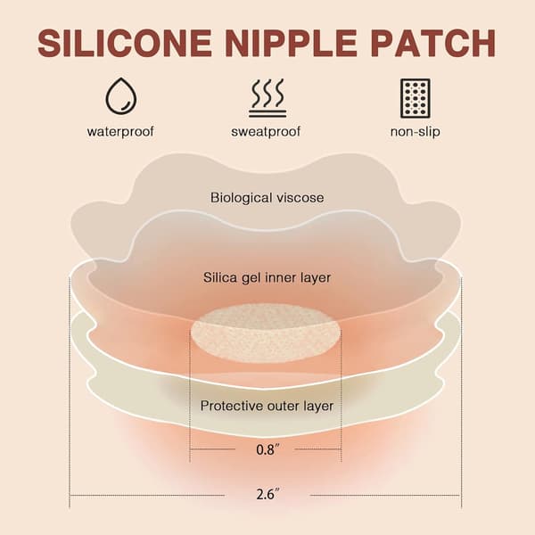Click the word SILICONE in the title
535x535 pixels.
point(125,44)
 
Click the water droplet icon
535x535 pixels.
point(121,96)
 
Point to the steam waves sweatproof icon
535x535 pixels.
point(267,98)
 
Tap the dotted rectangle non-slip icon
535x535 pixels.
point(416,98)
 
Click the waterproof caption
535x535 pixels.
point(120,131)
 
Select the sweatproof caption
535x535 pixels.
point(266,131)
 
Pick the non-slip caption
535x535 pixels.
point(416,131)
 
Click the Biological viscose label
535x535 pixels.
point(267,198)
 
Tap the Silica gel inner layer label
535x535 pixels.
point(267,277)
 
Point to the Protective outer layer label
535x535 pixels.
point(267,406)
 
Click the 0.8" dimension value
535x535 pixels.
point(266,449)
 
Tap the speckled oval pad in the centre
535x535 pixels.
point(266,332)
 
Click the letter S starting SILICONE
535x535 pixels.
point(48,44)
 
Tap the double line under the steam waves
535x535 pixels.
point(267,113)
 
